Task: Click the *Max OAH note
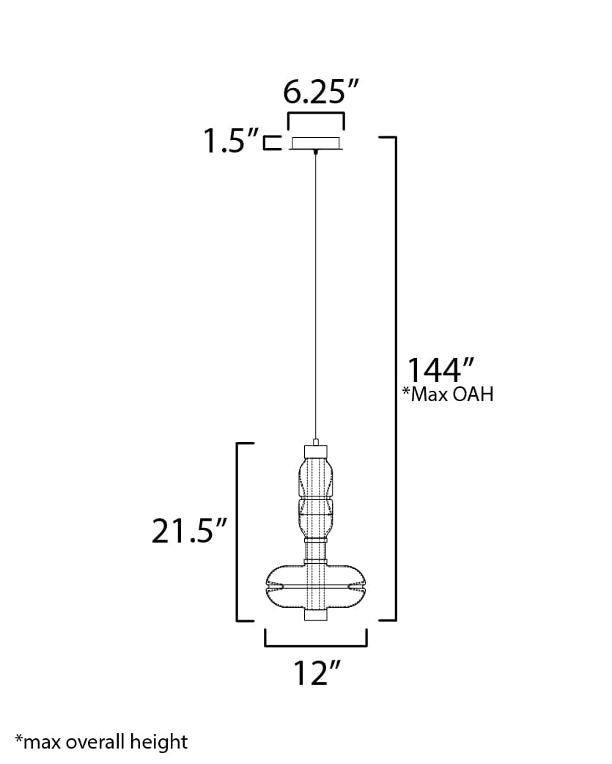click(447, 394)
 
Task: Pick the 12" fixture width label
click(315, 673)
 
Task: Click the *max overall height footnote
click(101, 741)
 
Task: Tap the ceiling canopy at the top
click(316, 143)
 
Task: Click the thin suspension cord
click(316, 293)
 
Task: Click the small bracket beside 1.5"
click(273, 142)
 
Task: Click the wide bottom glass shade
click(316, 587)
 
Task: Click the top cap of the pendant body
click(315, 449)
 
